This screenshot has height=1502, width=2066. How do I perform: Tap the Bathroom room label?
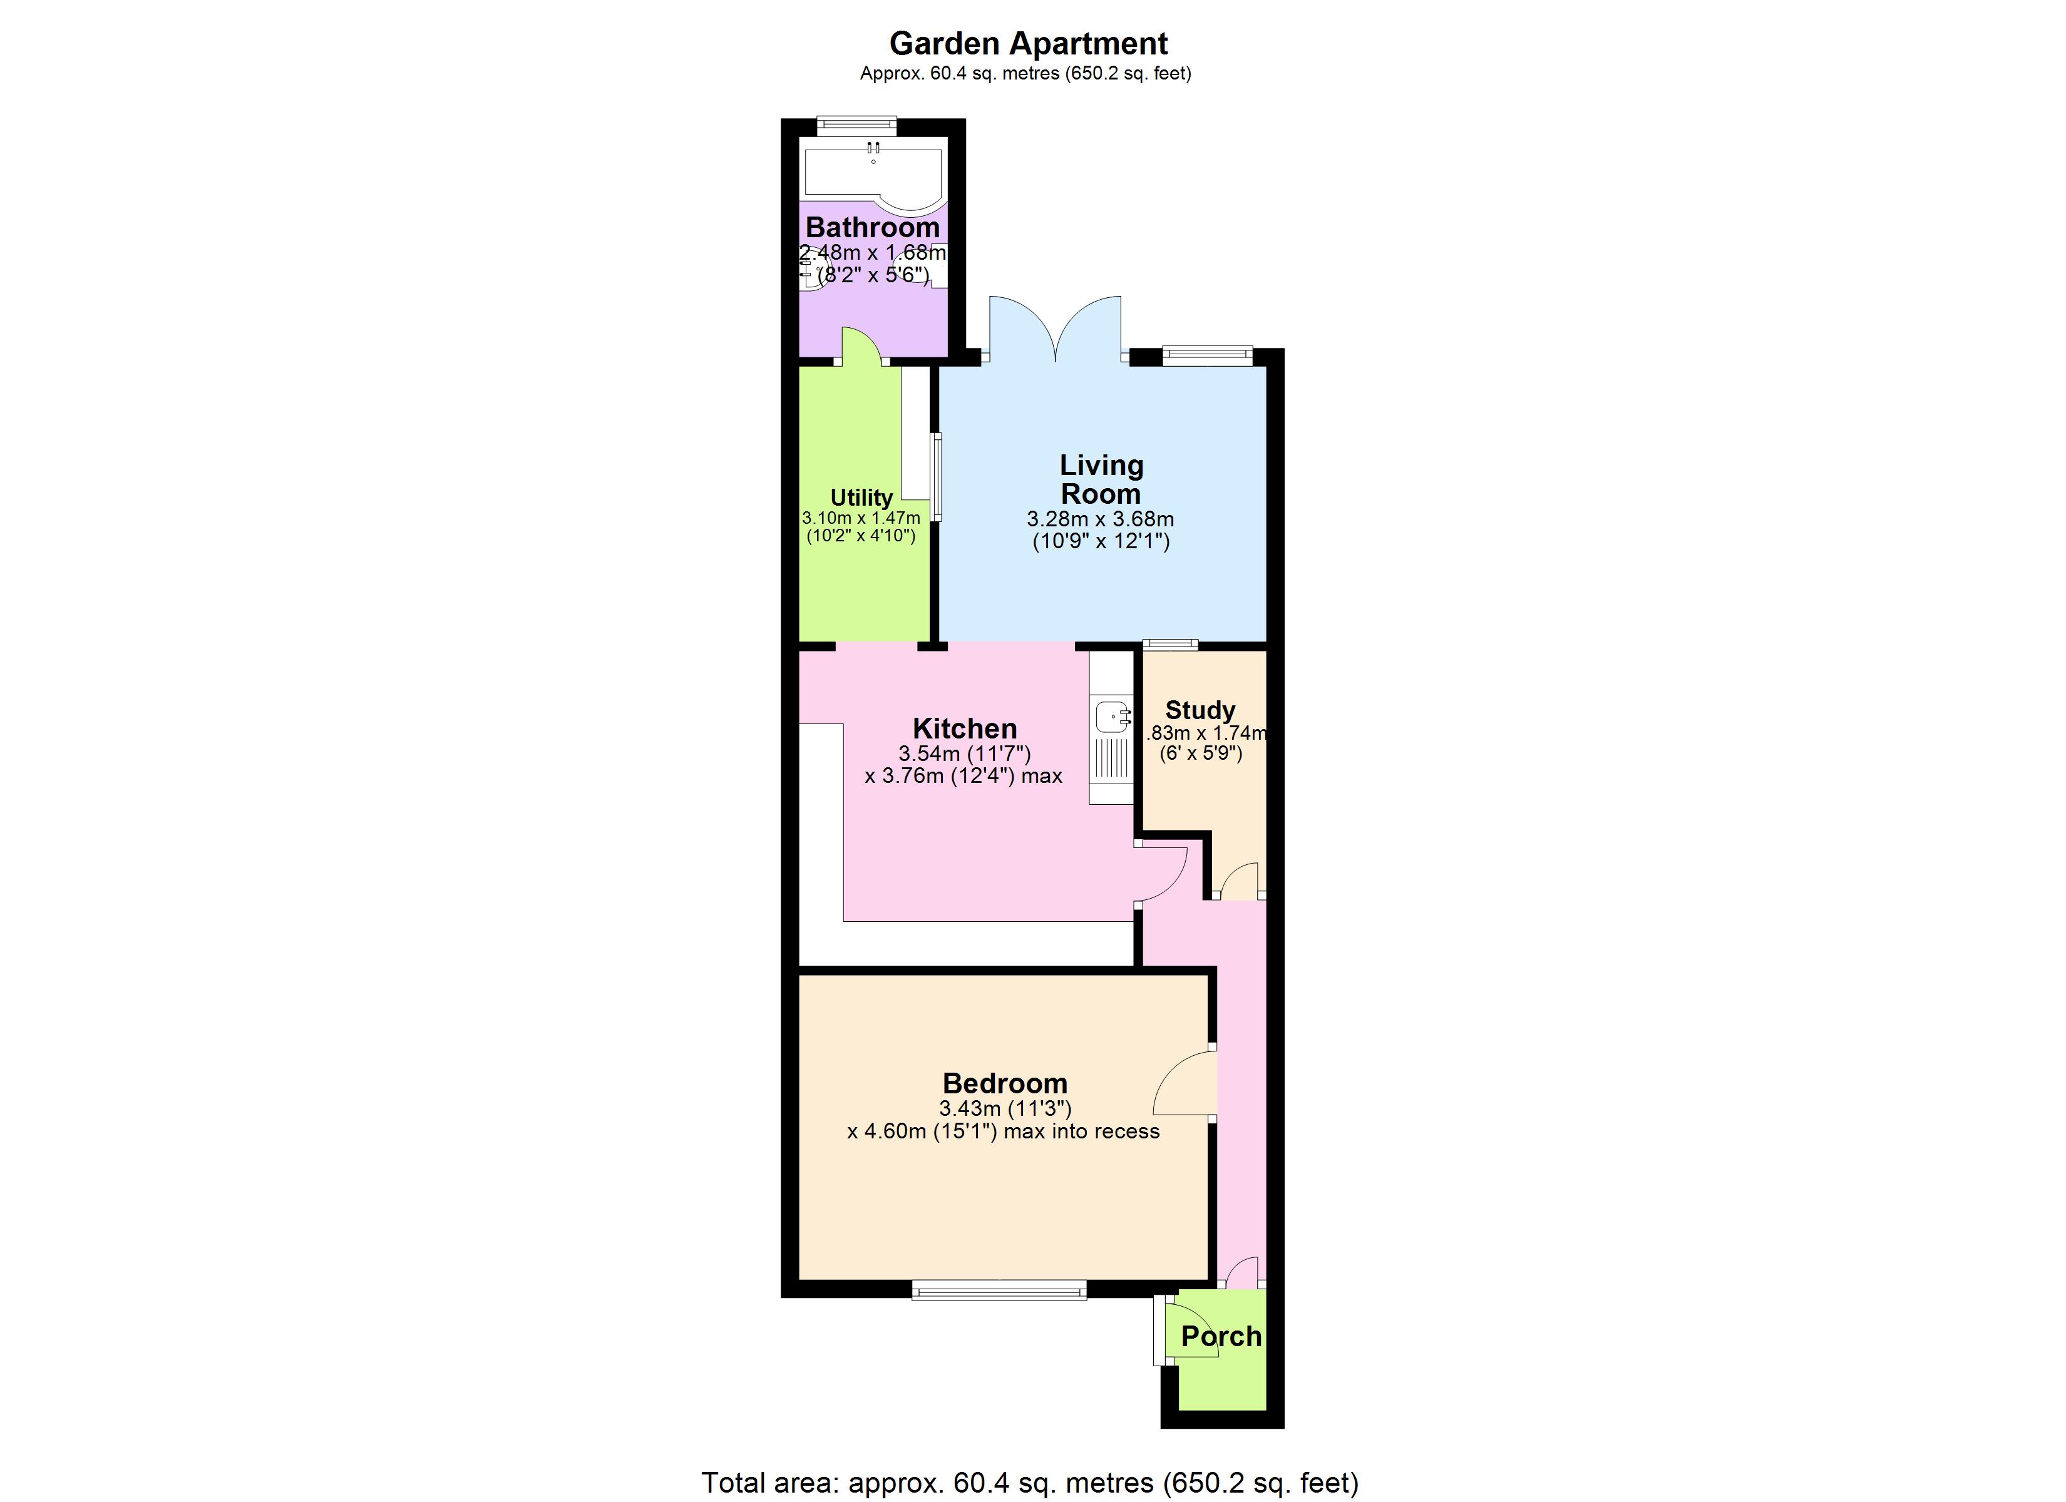click(871, 227)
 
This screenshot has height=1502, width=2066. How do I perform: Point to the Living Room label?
click(1101, 479)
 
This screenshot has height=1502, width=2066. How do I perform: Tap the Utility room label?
click(861, 498)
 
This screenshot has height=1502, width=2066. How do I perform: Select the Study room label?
click(1200, 710)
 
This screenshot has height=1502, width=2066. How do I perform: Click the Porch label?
click(1221, 1336)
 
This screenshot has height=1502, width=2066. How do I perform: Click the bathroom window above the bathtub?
click(856, 125)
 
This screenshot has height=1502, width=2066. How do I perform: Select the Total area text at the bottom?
click(1029, 1483)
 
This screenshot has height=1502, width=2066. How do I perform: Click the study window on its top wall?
click(1171, 645)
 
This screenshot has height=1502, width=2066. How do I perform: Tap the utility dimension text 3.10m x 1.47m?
click(861, 518)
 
